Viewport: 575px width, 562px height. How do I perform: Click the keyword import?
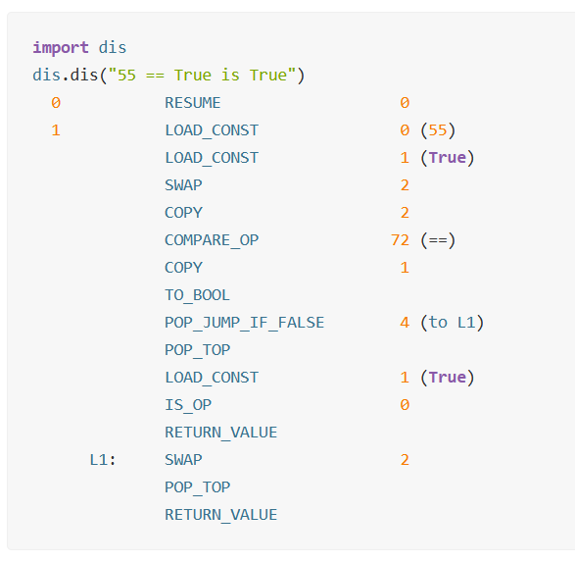61,48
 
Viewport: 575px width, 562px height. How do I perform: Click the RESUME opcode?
193,103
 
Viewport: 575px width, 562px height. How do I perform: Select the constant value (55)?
438,130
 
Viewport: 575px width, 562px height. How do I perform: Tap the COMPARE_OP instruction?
212,240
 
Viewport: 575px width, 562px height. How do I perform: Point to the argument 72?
400,240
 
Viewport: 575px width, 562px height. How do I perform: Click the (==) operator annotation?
438,240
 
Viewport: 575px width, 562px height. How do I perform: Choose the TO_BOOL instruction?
197,295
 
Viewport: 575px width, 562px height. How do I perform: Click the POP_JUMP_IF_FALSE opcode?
244,323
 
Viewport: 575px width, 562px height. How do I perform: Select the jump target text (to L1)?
453,323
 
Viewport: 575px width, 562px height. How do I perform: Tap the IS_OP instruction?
188,405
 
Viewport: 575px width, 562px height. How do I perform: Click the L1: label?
103,460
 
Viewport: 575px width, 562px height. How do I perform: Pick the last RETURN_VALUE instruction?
220,515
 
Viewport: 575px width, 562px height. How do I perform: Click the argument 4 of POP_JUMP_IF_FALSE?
405,323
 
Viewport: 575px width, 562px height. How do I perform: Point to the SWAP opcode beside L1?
183,460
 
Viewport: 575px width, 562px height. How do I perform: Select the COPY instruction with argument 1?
183,268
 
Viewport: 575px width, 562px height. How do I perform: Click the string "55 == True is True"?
202,76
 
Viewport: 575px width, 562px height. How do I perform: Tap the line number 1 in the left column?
56,130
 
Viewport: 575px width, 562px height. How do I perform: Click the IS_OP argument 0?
405,405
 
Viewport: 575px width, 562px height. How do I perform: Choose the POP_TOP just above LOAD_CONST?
197,350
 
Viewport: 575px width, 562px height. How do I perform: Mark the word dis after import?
113,48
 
